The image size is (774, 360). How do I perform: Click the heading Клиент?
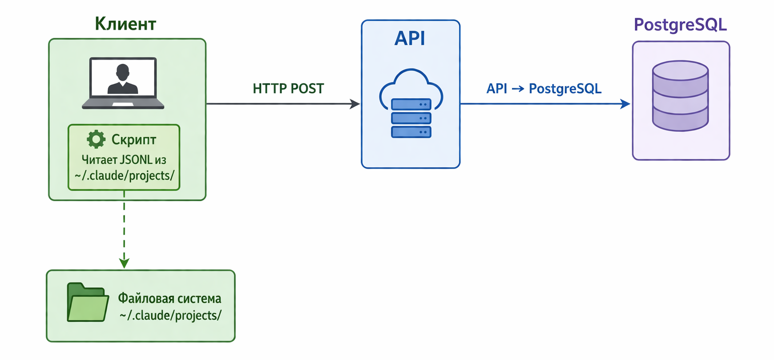(x=125, y=24)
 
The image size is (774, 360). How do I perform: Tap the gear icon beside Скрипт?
(x=96, y=139)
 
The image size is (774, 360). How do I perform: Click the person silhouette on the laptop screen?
(x=122, y=79)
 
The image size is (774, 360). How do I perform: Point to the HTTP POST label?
(x=288, y=89)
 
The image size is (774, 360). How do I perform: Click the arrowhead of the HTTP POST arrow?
(x=355, y=104)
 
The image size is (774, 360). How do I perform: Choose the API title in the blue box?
(x=410, y=38)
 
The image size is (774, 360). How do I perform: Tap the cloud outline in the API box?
(x=411, y=86)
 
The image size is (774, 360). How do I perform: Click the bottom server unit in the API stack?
(x=411, y=132)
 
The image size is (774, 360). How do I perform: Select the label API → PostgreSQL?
(x=544, y=89)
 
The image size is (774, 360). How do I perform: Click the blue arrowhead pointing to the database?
(x=625, y=104)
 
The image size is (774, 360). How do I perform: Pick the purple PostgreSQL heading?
(x=680, y=25)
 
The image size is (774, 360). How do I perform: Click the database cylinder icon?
(x=680, y=96)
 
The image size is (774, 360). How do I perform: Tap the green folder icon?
(x=88, y=302)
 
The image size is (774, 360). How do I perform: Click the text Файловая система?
(x=170, y=298)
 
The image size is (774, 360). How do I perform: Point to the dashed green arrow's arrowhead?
(x=124, y=263)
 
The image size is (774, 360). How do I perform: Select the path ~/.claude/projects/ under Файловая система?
(x=170, y=316)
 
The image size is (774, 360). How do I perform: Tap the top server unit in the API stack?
(x=411, y=104)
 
